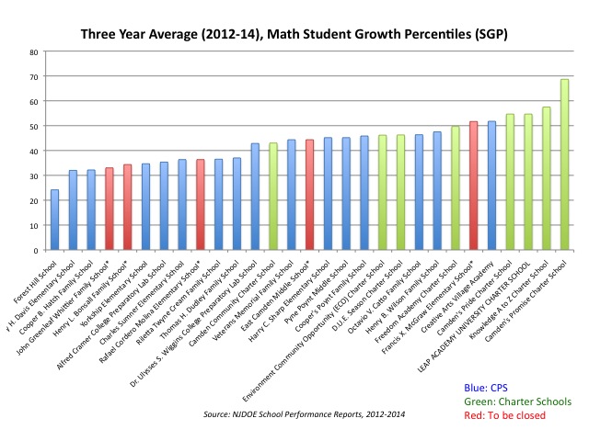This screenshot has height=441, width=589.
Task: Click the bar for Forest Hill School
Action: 54,220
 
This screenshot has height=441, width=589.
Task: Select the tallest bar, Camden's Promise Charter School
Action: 564,164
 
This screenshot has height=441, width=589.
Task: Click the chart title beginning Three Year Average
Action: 294,34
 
